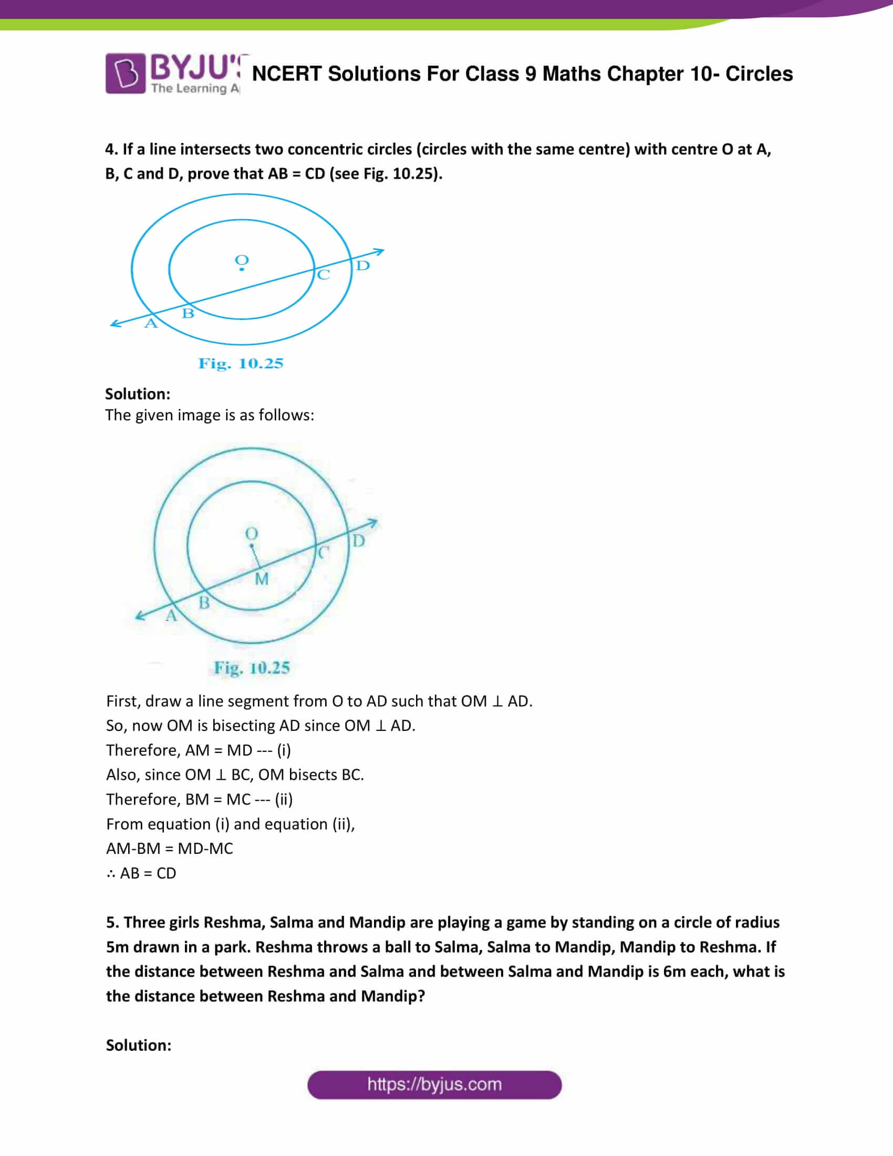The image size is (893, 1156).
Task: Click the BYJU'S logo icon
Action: click(126, 73)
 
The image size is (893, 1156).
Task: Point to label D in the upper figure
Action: click(362, 266)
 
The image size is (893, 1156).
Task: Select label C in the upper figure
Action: click(323, 275)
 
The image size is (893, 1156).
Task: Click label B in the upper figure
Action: click(188, 313)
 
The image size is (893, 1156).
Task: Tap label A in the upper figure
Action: click(151, 323)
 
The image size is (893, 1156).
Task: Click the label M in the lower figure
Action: click(262, 579)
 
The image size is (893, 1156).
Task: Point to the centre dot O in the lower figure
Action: click(252, 546)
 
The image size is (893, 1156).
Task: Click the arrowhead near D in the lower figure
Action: click(373, 523)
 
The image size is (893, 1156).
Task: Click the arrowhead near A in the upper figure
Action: click(115, 323)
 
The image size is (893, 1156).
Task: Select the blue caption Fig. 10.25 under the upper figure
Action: click(241, 364)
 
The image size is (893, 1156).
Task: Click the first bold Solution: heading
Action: click(138, 394)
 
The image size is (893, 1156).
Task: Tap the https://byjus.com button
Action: click(434, 1085)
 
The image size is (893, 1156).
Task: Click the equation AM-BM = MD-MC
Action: click(169, 849)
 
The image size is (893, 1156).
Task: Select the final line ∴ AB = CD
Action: click(141, 873)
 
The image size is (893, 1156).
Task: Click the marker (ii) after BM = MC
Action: click(284, 799)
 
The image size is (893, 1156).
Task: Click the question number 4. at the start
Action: click(111, 149)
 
